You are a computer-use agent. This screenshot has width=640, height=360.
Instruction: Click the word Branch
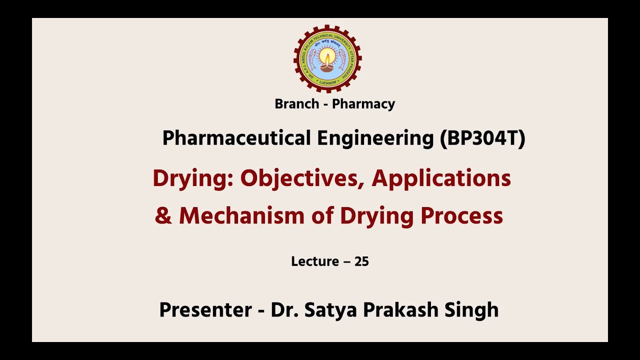coord(297,104)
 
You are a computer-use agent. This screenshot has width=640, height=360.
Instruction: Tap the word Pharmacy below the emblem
coord(363,104)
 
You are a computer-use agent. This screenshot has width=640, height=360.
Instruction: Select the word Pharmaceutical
coord(236,138)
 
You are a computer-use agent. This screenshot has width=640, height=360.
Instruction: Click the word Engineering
coord(375,138)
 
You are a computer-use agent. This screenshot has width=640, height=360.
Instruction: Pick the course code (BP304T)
coord(482,138)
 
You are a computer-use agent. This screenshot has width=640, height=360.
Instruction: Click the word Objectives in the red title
coord(302,178)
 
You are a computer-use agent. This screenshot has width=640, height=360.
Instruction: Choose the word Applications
coord(441,178)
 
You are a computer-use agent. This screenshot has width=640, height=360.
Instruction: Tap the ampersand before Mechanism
coord(163,216)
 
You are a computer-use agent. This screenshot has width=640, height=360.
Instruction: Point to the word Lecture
coord(315,261)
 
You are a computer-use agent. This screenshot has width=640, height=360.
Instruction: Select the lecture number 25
coord(361,261)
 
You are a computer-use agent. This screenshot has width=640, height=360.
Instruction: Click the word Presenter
coord(205,310)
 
